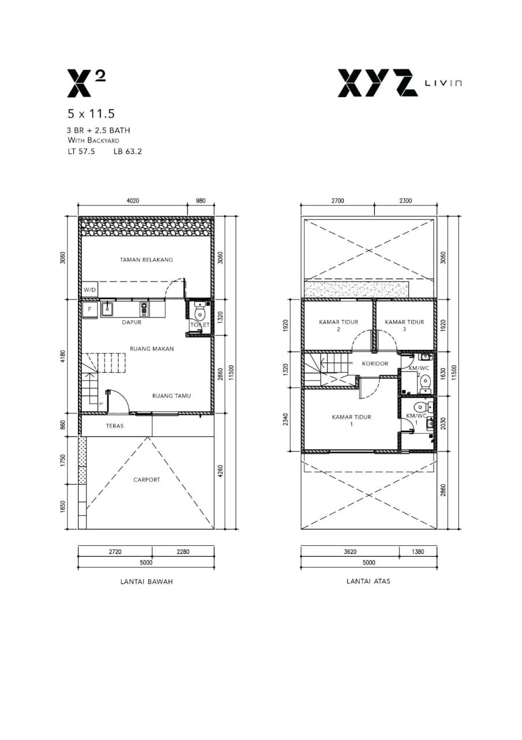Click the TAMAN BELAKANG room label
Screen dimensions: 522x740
(x=146, y=260)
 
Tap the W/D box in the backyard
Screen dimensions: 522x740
(x=90, y=290)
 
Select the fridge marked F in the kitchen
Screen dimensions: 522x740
(x=90, y=309)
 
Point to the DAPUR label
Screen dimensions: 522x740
(x=132, y=322)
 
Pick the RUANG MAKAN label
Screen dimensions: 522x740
(x=152, y=349)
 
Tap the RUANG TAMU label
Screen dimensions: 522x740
(x=171, y=396)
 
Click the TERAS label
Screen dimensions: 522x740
(x=115, y=426)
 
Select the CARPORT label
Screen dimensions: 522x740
(x=147, y=480)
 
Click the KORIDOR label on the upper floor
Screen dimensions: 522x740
(x=375, y=364)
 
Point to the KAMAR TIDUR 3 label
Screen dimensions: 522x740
(x=405, y=325)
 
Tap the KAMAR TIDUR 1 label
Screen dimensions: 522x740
(x=352, y=420)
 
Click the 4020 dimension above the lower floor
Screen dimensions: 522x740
(x=133, y=201)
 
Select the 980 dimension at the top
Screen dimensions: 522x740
(x=200, y=201)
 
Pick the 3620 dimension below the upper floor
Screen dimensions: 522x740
(x=350, y=552)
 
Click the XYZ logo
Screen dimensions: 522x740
(x=378, y=83)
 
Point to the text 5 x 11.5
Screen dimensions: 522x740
(x=91, y=114)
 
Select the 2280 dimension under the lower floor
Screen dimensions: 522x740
(x=183, y=552)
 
